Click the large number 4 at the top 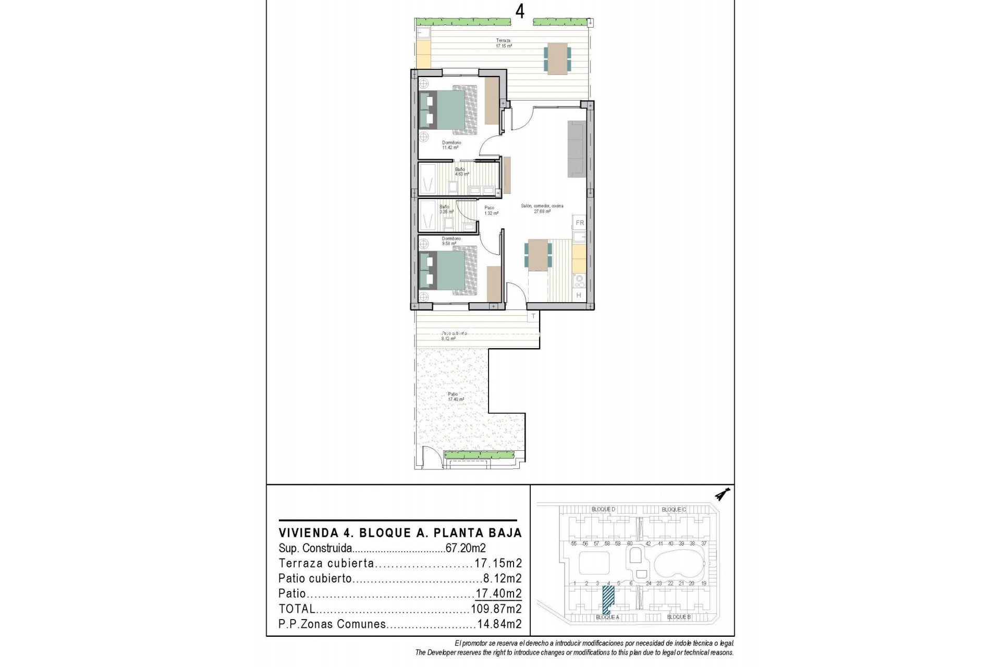[x=520, y=11]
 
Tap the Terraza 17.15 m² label [x=503, y=43]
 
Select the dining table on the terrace [x=557, y=58]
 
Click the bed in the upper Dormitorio [x=448, y=110]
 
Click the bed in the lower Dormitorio [x=448, y=271]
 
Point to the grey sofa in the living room [x=577, y=149]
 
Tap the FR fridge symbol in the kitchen [x=579, y=223]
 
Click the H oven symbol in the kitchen [x=579, y=295]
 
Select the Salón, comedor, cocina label [x=542, y=208]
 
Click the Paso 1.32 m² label [x=489, y=210]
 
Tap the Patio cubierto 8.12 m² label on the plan [x=453, y=336]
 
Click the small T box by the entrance [x=533, y=316]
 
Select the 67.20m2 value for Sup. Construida [x=466, y=548]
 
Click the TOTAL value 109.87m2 [x=496, y=609]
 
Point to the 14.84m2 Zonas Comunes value [x=499, y=624]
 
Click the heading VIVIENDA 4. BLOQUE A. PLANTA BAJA [x=400, y=533]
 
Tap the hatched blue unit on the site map [x=607, y=599]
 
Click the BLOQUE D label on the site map [x=603, y=509]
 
